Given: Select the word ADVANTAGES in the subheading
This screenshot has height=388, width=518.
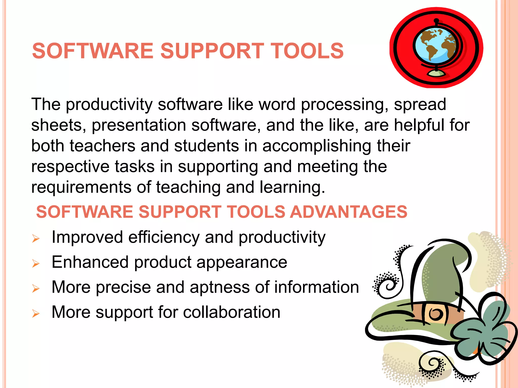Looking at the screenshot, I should coord(349,212).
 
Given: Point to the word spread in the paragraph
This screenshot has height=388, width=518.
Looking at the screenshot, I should coord(420,105).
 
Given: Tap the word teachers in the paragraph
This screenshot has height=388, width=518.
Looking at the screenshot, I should coord(102,146).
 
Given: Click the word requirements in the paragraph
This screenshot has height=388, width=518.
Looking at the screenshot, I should coord(81,187).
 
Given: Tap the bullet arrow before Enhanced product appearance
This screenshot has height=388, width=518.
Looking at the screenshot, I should coord(36,264).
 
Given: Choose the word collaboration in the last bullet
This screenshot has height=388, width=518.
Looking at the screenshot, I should coord(231,312).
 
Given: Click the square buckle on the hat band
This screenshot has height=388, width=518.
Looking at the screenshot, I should coord(436,314).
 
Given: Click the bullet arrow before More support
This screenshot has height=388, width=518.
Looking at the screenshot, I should coord(36,314).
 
